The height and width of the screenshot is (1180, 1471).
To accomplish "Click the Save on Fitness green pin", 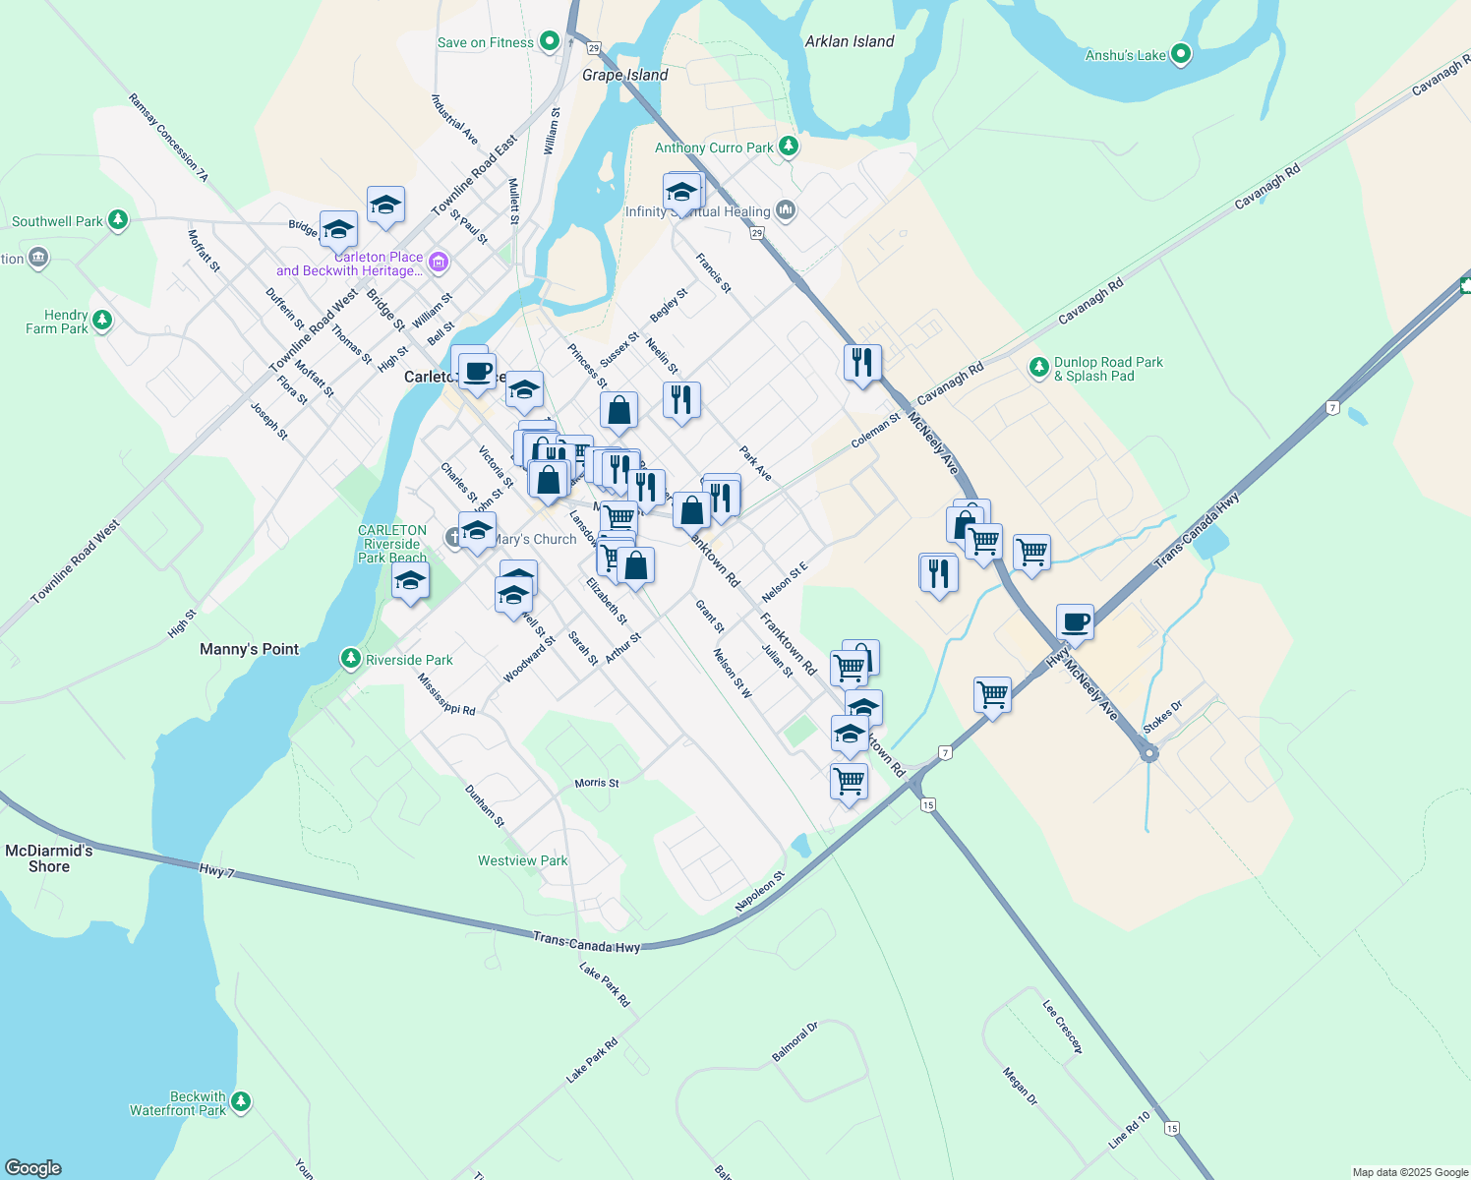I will tap(550, 41).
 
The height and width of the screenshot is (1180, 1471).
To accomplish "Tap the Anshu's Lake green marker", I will tap(1181, 54).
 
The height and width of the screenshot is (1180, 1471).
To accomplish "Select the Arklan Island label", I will tap(850, 41).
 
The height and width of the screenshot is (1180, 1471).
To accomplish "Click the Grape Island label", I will tap(624, 75).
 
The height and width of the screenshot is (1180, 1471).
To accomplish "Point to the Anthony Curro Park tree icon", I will tap(788, 147).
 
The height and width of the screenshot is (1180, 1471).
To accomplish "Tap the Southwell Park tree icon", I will tap(118, 220).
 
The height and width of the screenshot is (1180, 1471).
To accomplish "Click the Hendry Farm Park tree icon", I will tap(101, 321).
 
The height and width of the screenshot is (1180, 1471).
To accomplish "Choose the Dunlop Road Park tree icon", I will tap(1038, 368).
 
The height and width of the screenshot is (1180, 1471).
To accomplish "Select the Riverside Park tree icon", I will tap(350, 659).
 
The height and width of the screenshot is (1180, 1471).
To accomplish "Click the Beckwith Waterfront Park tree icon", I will tap(240, 1102).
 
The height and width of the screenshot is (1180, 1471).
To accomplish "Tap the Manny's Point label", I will tap(249, 649).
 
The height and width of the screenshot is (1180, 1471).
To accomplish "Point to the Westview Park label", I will tap(522, 860).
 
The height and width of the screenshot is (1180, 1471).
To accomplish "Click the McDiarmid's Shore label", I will tap(49, 858).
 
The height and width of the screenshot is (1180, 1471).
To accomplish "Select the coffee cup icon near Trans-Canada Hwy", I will tap(1075, 623).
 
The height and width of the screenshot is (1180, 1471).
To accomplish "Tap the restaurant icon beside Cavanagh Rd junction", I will tap(861, 363).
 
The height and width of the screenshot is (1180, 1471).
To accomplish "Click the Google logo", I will tap(32, 1168).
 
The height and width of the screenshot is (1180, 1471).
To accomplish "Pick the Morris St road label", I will tap(597, 783).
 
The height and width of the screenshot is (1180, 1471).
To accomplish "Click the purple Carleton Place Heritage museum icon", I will tap(439, 262).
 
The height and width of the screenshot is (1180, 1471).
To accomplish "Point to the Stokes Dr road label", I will tap(1162, 717).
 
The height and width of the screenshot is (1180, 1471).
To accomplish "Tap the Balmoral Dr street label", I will tap(794, 1042).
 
